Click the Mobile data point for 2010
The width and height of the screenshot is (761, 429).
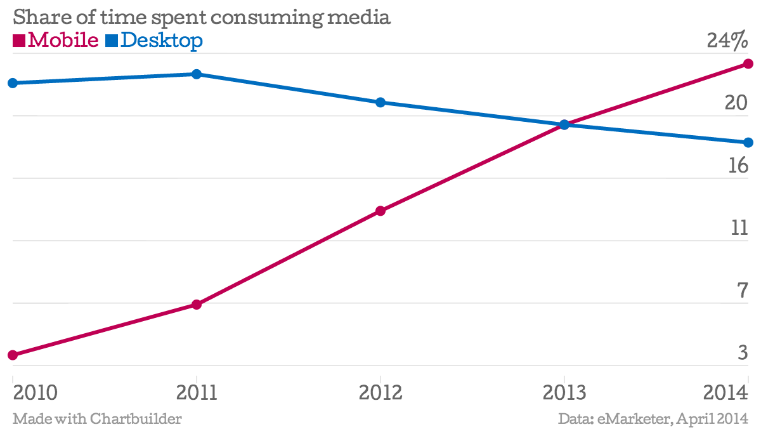point(13,355)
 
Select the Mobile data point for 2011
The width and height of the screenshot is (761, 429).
point(197,305)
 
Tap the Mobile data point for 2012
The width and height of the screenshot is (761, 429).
point(380,211)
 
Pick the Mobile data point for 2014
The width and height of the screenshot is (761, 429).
point(748,64)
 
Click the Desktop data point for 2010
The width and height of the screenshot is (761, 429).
point(13,83)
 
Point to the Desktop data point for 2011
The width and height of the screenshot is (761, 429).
point(197,74)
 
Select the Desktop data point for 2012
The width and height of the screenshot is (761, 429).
point(380,102)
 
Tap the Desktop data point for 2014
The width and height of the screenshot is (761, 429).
point(748,142)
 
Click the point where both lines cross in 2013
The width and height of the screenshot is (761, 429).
point(564,124)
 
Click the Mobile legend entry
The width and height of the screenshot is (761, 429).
point(56,41)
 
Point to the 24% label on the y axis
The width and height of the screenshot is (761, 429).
point(727,41)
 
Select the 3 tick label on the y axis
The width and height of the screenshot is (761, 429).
point(743,353)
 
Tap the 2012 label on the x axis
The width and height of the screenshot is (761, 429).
point(380,393)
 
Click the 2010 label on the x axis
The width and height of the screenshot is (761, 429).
point(35,393)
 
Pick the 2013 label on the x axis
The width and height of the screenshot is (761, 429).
point(564,393)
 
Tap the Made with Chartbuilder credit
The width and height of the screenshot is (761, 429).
point(97,419)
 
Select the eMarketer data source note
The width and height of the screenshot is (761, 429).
point(653,419)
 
